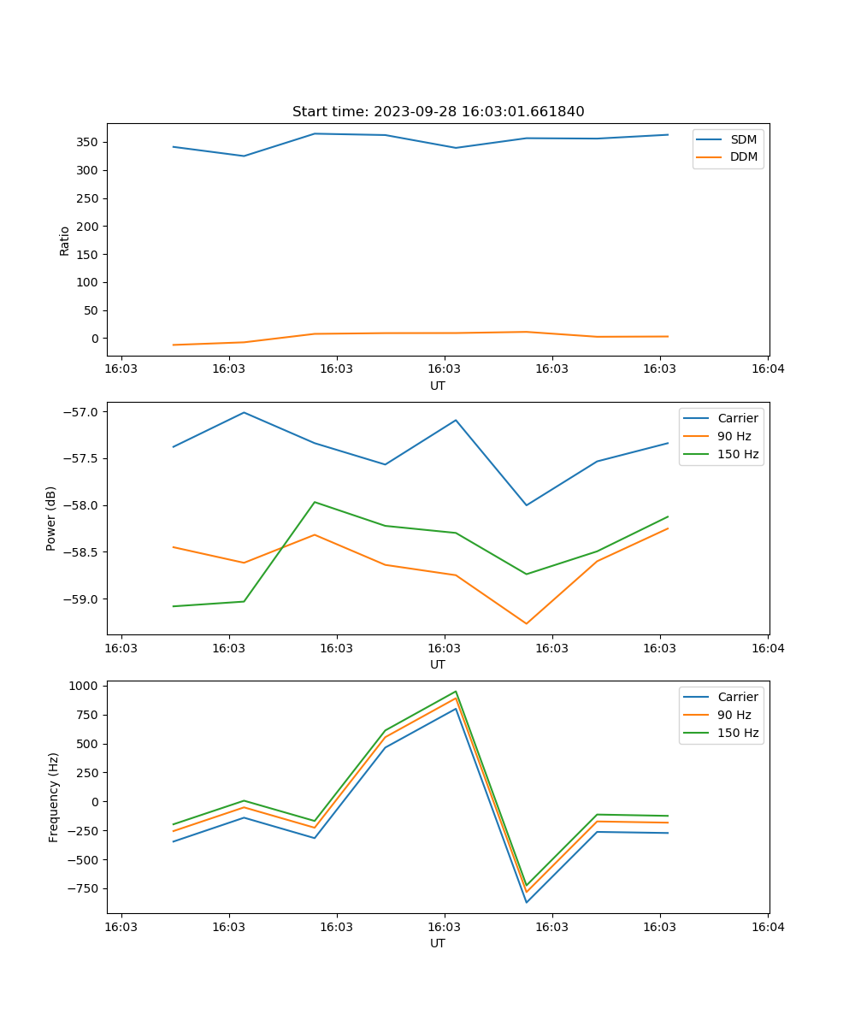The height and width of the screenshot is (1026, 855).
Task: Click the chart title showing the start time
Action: [x=438, y=112]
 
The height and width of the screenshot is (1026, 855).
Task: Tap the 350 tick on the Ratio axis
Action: [x=90, y=142]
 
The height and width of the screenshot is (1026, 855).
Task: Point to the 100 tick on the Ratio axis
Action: [x=90, y=282]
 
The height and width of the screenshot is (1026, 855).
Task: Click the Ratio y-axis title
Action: [x=65, y=240]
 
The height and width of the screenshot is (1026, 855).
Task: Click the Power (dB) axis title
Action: [x=51, y=518]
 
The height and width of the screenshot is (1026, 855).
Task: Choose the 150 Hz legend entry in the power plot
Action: [x=738, y=454]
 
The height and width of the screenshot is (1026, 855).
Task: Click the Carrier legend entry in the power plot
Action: [x=738, y=418]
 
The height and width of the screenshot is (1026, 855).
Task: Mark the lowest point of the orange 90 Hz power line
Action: [x=527, y=623]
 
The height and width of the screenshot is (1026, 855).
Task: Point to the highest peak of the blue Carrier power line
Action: [x=244, y=412]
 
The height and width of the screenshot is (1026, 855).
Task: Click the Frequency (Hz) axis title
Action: [x=54, y=797]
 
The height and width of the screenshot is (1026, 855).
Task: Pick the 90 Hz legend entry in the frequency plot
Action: [x=738, y=715]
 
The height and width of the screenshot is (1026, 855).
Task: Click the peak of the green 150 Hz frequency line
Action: [x=456, y=691]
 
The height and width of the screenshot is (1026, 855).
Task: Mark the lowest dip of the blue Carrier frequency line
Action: [x=527, y=902]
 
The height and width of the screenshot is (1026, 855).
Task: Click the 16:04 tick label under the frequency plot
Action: [x=767, y=927]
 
